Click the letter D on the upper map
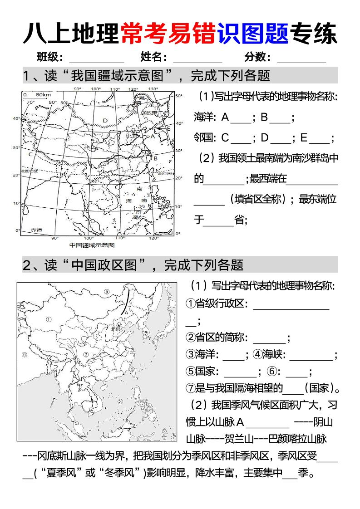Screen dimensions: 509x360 [105, 120]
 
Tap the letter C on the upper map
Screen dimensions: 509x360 [30, 154]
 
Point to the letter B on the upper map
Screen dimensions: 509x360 [155, 158]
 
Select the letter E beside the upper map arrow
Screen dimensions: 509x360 [168, 128]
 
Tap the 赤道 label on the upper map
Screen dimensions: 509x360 [36, 230]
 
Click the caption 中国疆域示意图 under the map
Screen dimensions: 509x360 [92, 245]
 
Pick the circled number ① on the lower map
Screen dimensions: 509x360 [49, 319]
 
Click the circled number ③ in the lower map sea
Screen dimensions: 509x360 [120, 401]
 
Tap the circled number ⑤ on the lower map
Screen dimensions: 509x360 [107, 292]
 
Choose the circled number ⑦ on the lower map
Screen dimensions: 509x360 [146, 333]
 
